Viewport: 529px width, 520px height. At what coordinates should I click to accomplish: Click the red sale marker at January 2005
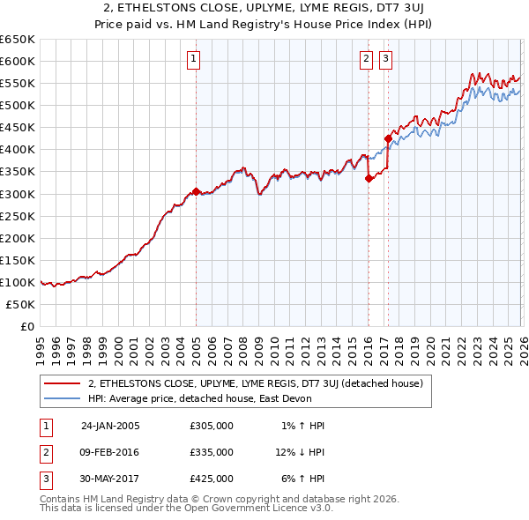coord(196,190)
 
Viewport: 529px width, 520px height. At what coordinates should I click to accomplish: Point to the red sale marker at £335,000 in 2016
coord(368,177)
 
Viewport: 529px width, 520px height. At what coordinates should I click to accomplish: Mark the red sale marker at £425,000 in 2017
coord(388,137)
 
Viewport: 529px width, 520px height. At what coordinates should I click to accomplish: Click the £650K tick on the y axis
coord(18,40)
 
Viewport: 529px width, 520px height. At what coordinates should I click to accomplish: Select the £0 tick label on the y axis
coord(27,326)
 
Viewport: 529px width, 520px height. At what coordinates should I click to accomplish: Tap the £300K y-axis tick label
coord(18,194)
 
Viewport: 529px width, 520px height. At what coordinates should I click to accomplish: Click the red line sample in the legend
coord(63,383)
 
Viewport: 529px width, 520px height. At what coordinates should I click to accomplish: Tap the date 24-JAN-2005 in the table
coord(110,426)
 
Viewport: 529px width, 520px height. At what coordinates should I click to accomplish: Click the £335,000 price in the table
coord(211,452)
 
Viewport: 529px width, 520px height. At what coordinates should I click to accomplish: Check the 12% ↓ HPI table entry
coord(300,452)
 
